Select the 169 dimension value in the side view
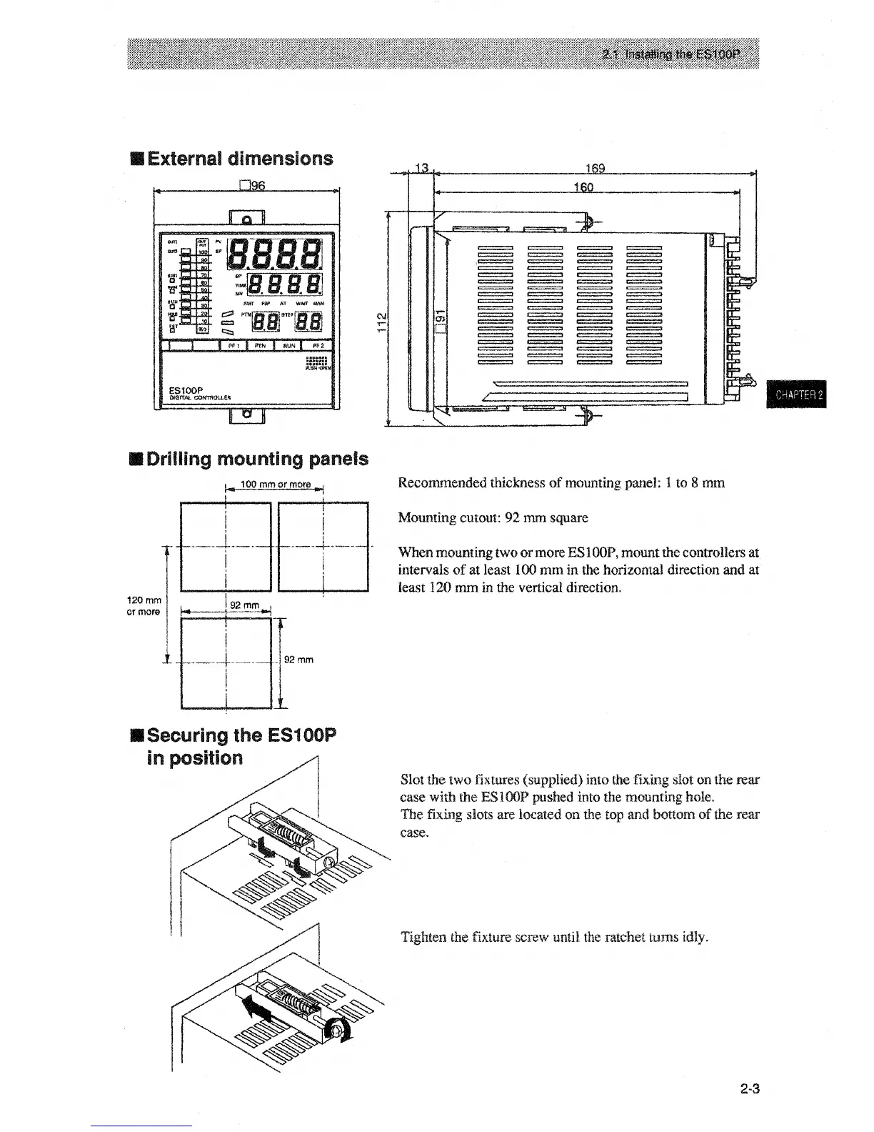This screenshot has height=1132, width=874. tap(595, 168)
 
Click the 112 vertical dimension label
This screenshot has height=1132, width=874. tap(382, 319)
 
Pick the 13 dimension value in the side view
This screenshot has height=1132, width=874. tap(421, 168)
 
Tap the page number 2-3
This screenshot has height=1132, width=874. tap(749, 1090)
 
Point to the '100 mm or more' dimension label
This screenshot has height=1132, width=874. tap(275, 485)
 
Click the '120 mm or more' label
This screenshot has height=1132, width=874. tap(144, 606)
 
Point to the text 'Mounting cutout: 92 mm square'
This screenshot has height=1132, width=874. tap(493, 517)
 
